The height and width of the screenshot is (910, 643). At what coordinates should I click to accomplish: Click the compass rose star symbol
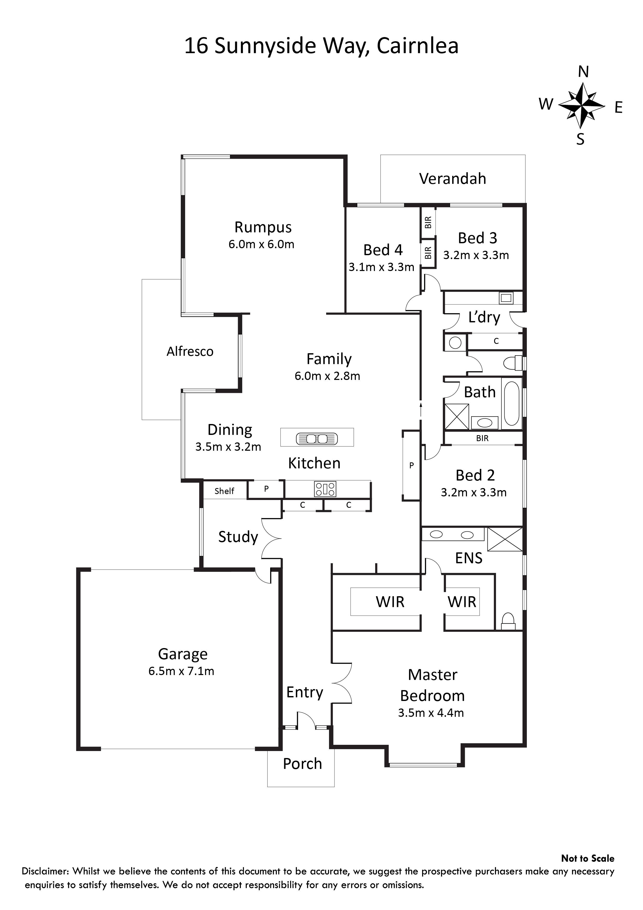(582, 106)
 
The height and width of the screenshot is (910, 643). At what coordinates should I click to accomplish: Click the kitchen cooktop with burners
(325, 489)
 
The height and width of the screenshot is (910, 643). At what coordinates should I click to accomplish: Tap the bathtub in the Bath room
(512, 404)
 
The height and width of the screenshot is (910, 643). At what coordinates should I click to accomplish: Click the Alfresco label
(190, 352)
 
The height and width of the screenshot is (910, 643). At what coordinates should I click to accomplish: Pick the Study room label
(238, 537)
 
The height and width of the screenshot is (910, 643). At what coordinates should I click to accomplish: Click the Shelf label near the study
(224, 491)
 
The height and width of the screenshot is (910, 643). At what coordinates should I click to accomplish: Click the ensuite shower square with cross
(505, 539)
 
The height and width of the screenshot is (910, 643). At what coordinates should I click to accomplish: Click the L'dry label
(484, 317)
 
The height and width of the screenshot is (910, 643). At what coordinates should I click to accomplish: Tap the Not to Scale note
(588, 858)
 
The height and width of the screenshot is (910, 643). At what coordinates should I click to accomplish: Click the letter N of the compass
(583, 72)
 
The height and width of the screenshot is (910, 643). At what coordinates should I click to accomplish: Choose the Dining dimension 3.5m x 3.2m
(228, 447)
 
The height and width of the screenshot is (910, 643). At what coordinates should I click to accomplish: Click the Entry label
(305, 692)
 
